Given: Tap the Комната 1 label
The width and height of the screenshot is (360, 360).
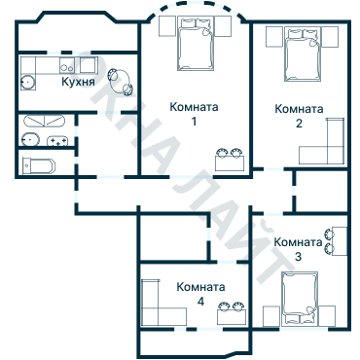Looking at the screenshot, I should [194, 114].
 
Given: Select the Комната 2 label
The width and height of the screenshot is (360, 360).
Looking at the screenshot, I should [299, 115].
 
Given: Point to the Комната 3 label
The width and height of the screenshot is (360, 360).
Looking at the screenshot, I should [298, 248].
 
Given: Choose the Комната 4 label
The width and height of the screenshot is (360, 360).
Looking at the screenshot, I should [200, 295].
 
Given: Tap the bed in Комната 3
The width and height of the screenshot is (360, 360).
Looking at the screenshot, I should [300, 296].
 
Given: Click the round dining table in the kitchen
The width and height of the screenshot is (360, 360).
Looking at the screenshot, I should [118, 77].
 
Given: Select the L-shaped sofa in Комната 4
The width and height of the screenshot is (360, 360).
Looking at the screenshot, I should [156, 306].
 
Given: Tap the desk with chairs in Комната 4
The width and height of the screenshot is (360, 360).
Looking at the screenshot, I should [230, 313].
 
